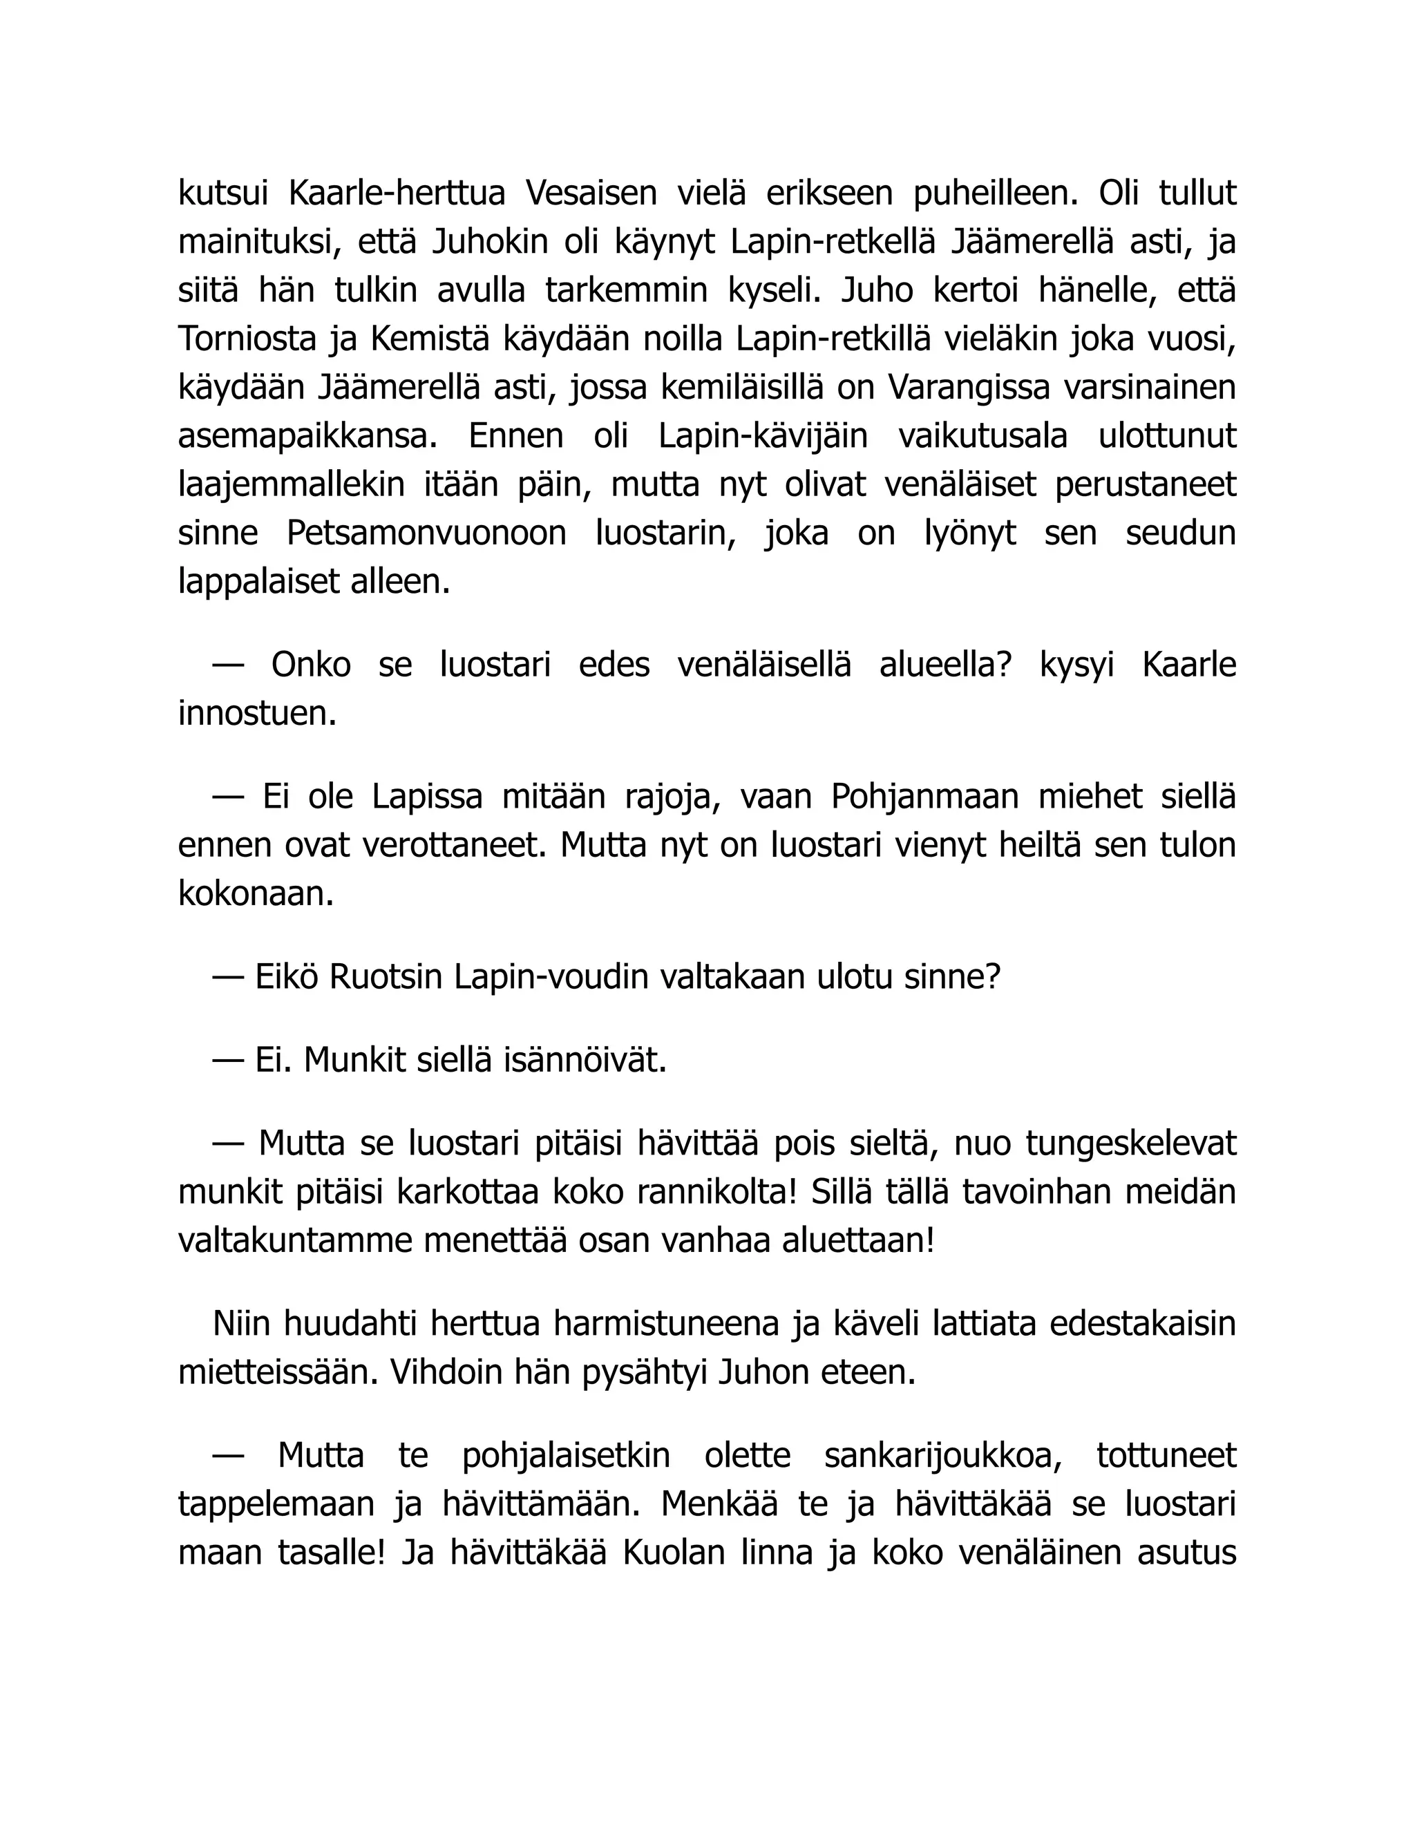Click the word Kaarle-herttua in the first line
[x=397, y=193]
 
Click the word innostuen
[x=256, y=714]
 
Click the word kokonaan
[x=256, y=893]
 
